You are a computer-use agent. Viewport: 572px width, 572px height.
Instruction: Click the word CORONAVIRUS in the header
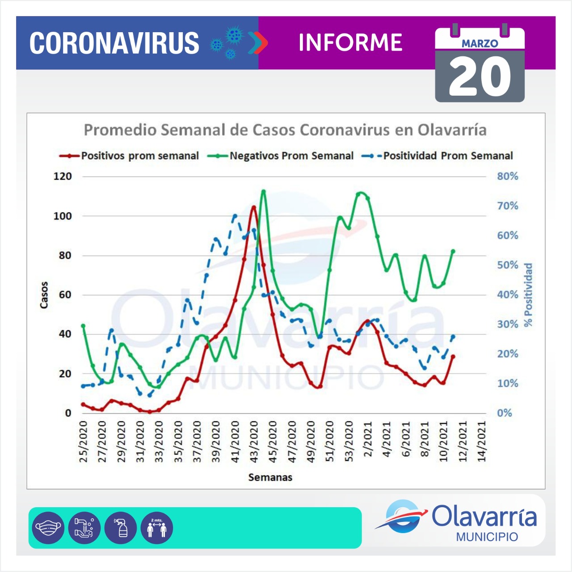(114, 43)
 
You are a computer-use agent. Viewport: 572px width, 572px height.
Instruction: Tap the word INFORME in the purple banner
(350, 43)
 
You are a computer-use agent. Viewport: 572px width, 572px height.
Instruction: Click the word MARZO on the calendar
(479, 43)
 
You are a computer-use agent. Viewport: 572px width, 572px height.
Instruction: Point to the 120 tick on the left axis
(63, 177)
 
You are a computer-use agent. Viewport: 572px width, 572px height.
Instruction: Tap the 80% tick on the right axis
(508, 177)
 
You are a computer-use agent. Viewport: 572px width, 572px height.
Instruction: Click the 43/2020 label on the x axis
(254, 441)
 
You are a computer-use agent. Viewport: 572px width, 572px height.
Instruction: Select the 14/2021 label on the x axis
(482, 441)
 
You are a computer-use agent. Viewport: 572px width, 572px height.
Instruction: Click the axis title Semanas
(270, 477)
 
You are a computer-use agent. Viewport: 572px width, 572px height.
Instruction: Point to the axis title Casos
(44, 295)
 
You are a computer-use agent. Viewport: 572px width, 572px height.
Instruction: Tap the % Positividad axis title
(529, 295)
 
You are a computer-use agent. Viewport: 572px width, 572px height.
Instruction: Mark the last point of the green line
(453, 251)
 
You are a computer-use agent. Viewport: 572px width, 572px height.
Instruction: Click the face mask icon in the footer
(48, 528)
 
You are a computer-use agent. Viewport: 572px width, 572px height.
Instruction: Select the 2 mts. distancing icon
(156, 528)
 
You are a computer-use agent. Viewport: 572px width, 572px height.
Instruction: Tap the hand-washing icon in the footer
(84, 528)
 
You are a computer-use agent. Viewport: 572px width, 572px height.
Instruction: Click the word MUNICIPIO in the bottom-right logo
(487, 537)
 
